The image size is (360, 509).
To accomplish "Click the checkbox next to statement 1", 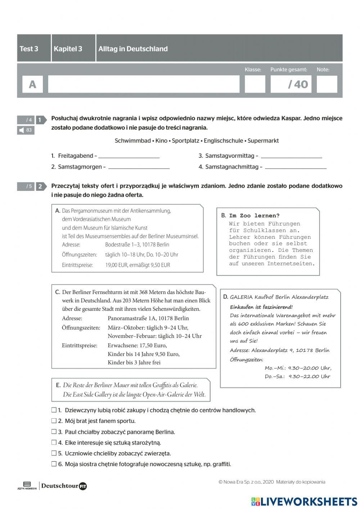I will (x=54, y=410).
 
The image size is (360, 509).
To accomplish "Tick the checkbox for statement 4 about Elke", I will (x=54, y=442).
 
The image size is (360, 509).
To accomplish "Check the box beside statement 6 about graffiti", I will (x=54, y=464).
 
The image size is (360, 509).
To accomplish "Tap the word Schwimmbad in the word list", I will (x=132, y=140).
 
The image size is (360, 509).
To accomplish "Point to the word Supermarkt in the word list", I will (x=263, y=140).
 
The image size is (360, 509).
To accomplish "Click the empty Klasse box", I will (x=255, y=84).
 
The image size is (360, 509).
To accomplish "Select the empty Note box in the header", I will (x=327, y=84).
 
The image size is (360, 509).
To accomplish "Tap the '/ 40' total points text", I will (x=298, y=84).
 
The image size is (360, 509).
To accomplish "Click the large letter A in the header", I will (x=32, y=84).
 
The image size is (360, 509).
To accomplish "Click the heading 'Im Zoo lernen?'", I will (x=254, y=216).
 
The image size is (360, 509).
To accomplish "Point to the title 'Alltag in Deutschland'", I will (x=133, y=49).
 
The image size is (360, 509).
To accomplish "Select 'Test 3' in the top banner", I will (x=29, y=49).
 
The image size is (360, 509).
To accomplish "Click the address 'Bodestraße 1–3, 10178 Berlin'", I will (x=137, y=245).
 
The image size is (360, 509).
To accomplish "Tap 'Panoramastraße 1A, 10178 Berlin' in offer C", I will (x=148, y=318).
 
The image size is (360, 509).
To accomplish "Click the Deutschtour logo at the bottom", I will (x=64, y=486).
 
